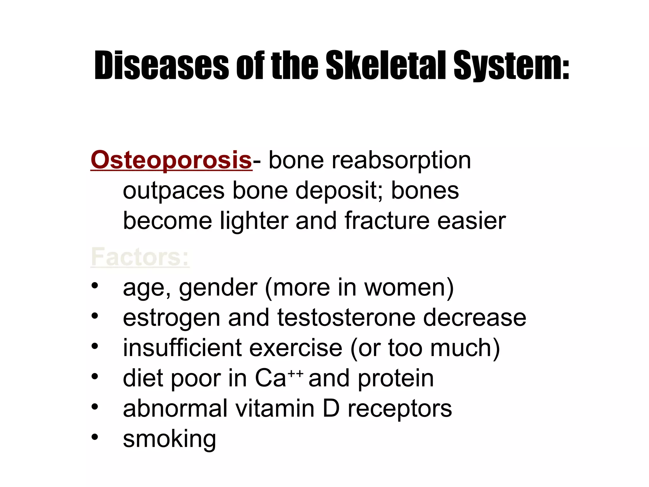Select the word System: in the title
[511, 66]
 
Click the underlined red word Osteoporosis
[171, 160]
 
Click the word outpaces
[174, 191]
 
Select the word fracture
[387, 221]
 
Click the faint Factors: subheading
[140, 257]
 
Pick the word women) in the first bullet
[409, 288]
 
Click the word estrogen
[171, 318]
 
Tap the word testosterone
[346, 317]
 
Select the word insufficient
[182, 348]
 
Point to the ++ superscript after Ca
[296, 373]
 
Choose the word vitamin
[275, 408]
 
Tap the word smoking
[170, 439]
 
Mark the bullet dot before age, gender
[95, 285]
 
